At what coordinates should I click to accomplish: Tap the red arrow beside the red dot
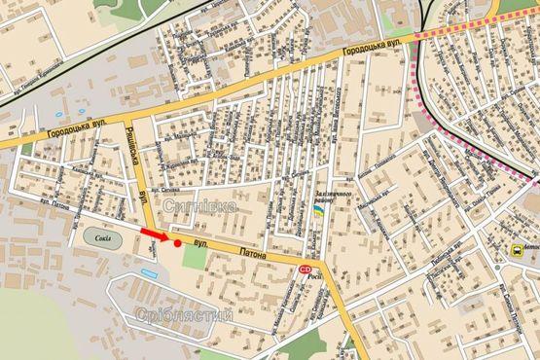point(154,234)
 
